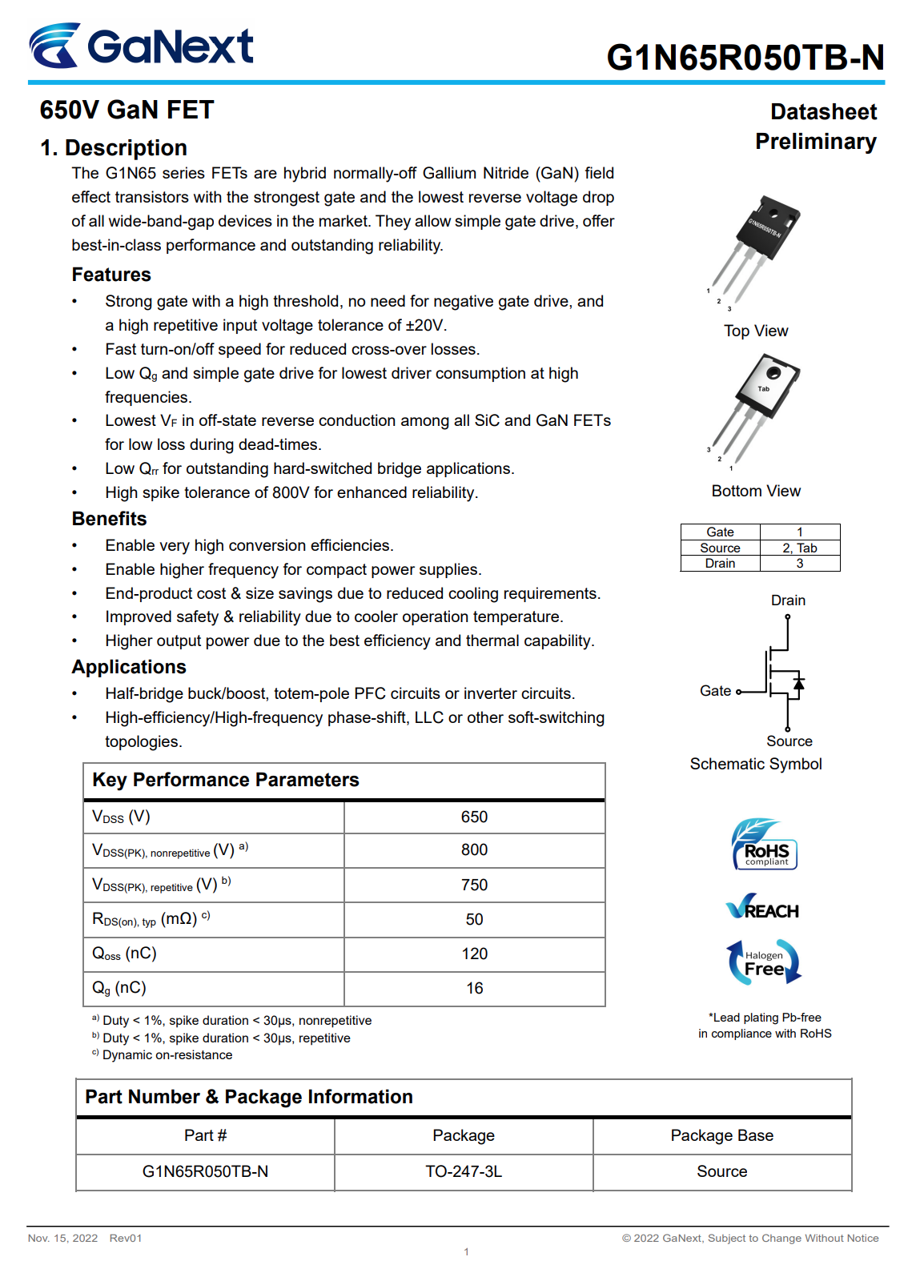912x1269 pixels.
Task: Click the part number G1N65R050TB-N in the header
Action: click(x=745, y=58)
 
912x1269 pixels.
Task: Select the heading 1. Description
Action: click(x=114, y=148)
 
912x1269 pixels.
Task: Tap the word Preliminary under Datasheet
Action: click(x=815, y=142)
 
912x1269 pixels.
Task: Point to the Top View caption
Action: click(x=756, y=331)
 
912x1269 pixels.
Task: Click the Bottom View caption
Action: click(x=756, y=491)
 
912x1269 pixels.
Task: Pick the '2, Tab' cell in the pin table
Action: click(x=799, y=548)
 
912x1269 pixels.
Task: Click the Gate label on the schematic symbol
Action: click(x=715, y=691)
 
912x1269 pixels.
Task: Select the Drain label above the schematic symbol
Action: click(x=788, y=600)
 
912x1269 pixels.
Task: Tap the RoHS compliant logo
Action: click(x=765, y=845)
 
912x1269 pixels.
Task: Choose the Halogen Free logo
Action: click(x=764, y=962)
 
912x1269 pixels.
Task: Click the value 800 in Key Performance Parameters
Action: click(x=474, y=850)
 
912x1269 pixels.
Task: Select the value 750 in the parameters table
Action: click(x=474, y=885)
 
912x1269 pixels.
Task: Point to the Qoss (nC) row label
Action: click(x=125, y=954)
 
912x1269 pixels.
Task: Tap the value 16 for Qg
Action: click(x=474, y=989)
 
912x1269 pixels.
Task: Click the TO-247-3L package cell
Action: click(x=464, y=1171)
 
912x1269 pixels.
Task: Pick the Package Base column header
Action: click(x=721, y=1135)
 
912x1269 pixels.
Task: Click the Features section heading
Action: click(x=111, y=275)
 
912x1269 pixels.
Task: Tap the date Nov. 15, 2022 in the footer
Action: click(x=62, y=1238)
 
